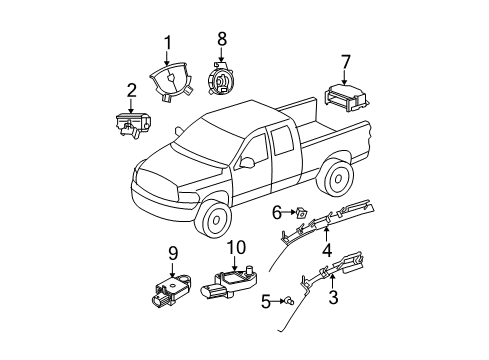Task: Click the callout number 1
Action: point(168,42)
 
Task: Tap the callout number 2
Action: point(131,91)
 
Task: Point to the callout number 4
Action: point(326,250)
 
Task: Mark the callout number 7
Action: point(346,62)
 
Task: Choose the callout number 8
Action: point(223,39)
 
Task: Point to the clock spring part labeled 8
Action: point(223,76)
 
